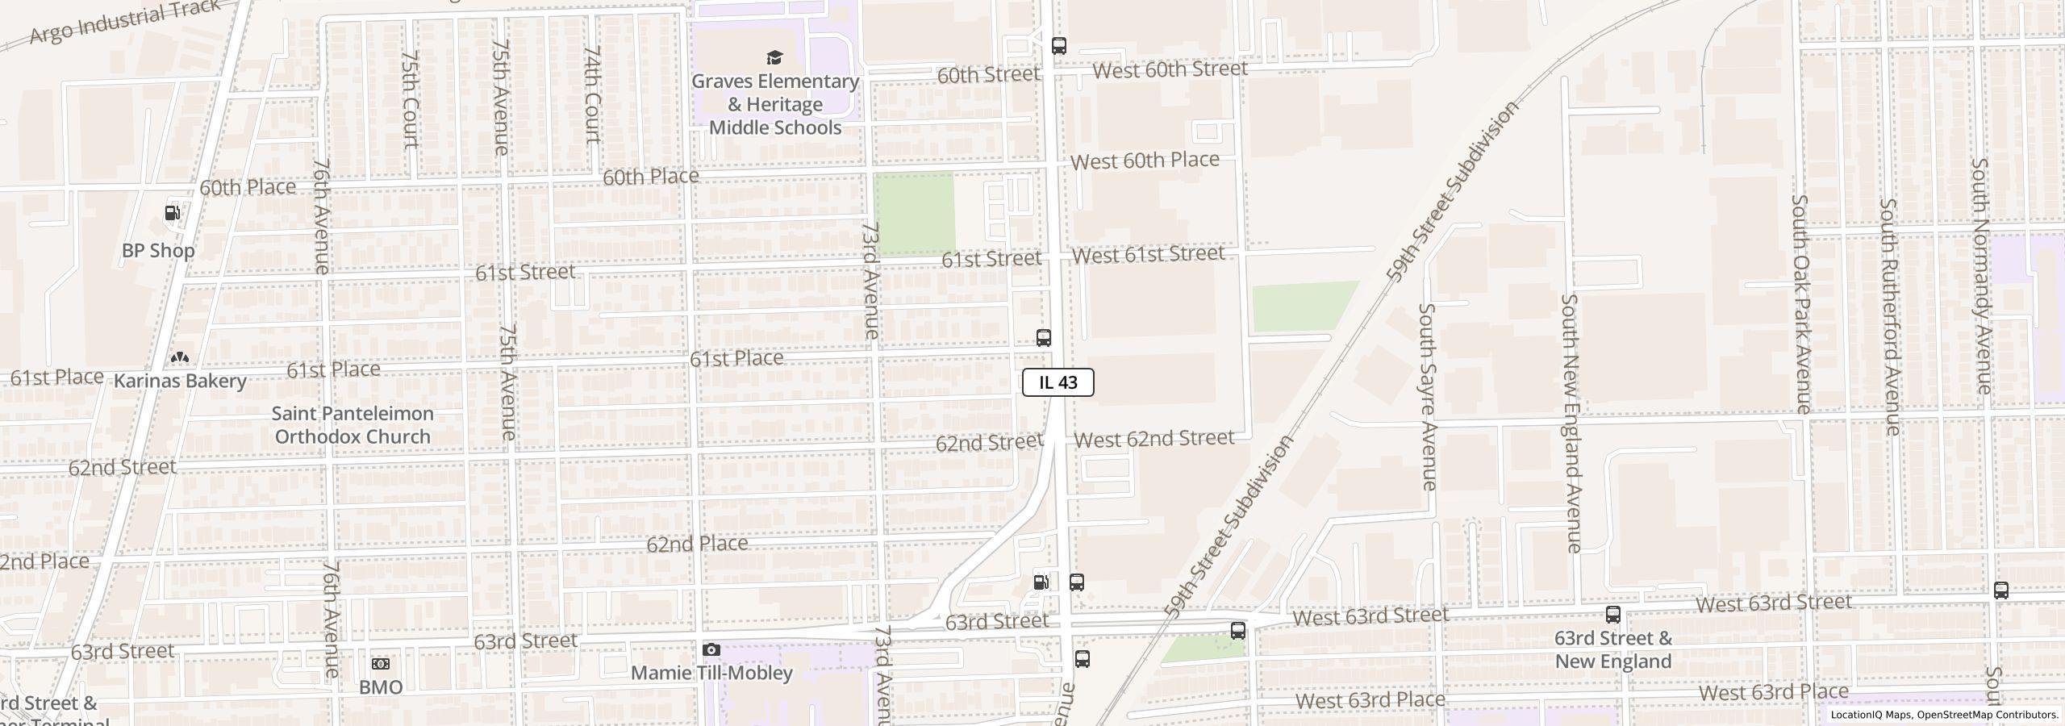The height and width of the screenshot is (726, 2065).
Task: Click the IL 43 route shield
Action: click(x=1058, y=382)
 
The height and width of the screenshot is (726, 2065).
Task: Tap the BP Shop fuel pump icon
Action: click(x=173, y=213)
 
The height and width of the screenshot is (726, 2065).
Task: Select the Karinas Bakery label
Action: click(x=180, y=381)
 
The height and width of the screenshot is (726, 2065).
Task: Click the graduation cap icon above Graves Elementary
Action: click(x=774, y=57)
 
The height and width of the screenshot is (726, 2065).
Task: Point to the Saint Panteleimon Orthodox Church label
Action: click(x=353, y=425)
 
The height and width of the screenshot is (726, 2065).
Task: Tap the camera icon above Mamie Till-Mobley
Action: click(x=711, y=649)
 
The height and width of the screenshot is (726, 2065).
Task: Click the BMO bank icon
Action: click(x=380, y=664)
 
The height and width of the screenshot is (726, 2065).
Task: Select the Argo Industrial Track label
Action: click(x=125, y=22)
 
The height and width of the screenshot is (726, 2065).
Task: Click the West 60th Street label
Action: click(x=1170, y=69)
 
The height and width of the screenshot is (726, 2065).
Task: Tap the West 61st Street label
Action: click(x=1148, y=255)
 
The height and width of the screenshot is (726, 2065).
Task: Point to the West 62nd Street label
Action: click(x=1153, y=439)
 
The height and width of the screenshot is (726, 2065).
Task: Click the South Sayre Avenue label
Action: click(x=1428, y=396)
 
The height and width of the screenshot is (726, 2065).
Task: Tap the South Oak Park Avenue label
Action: click(x=1801, y=303)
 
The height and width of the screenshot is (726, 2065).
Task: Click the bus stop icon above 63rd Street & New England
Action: click(x=1612, y=615)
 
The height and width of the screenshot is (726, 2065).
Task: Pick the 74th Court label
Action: click(x=593, y=94)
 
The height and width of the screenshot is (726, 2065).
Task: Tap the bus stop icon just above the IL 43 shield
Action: click(x=1043, y=338)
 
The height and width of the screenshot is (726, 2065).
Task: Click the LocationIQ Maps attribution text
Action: click(x=1944, y=715)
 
